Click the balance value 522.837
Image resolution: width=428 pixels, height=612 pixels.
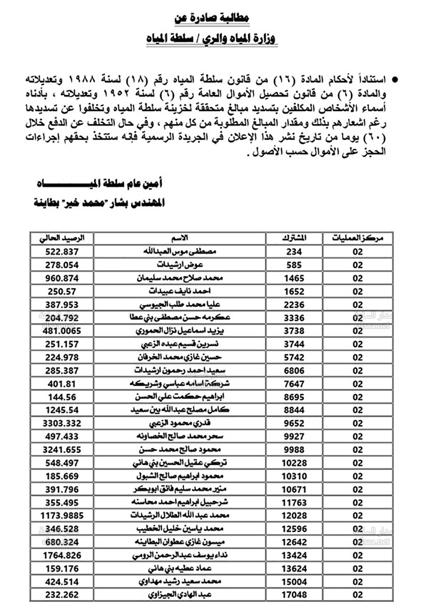tap(62, 252)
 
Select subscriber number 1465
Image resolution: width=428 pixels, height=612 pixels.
tap(294, 278)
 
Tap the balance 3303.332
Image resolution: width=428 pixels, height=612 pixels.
tap(62, 423)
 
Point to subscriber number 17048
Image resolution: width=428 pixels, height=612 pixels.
tap(294, 595)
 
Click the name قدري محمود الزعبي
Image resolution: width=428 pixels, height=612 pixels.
tap(179, 423)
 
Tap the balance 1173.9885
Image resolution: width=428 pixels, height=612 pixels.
tap(62, 516)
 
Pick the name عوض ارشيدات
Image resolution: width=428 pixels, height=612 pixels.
tap(179, 265)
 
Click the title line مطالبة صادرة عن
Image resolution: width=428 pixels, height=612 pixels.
tap(212, 18)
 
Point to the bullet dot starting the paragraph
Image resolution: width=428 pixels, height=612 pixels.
tap(395, 80)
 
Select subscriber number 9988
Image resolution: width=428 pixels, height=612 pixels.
tap(294, 450)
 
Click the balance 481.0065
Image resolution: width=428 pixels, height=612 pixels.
tap(62, 331)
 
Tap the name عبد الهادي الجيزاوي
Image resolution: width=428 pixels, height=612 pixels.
tap(179, 595)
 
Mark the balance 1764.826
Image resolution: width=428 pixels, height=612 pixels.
tap(62, 556)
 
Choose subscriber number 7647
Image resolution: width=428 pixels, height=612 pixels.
tap(294, 384)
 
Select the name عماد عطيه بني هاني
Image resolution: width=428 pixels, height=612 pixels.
tap(179, 569)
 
